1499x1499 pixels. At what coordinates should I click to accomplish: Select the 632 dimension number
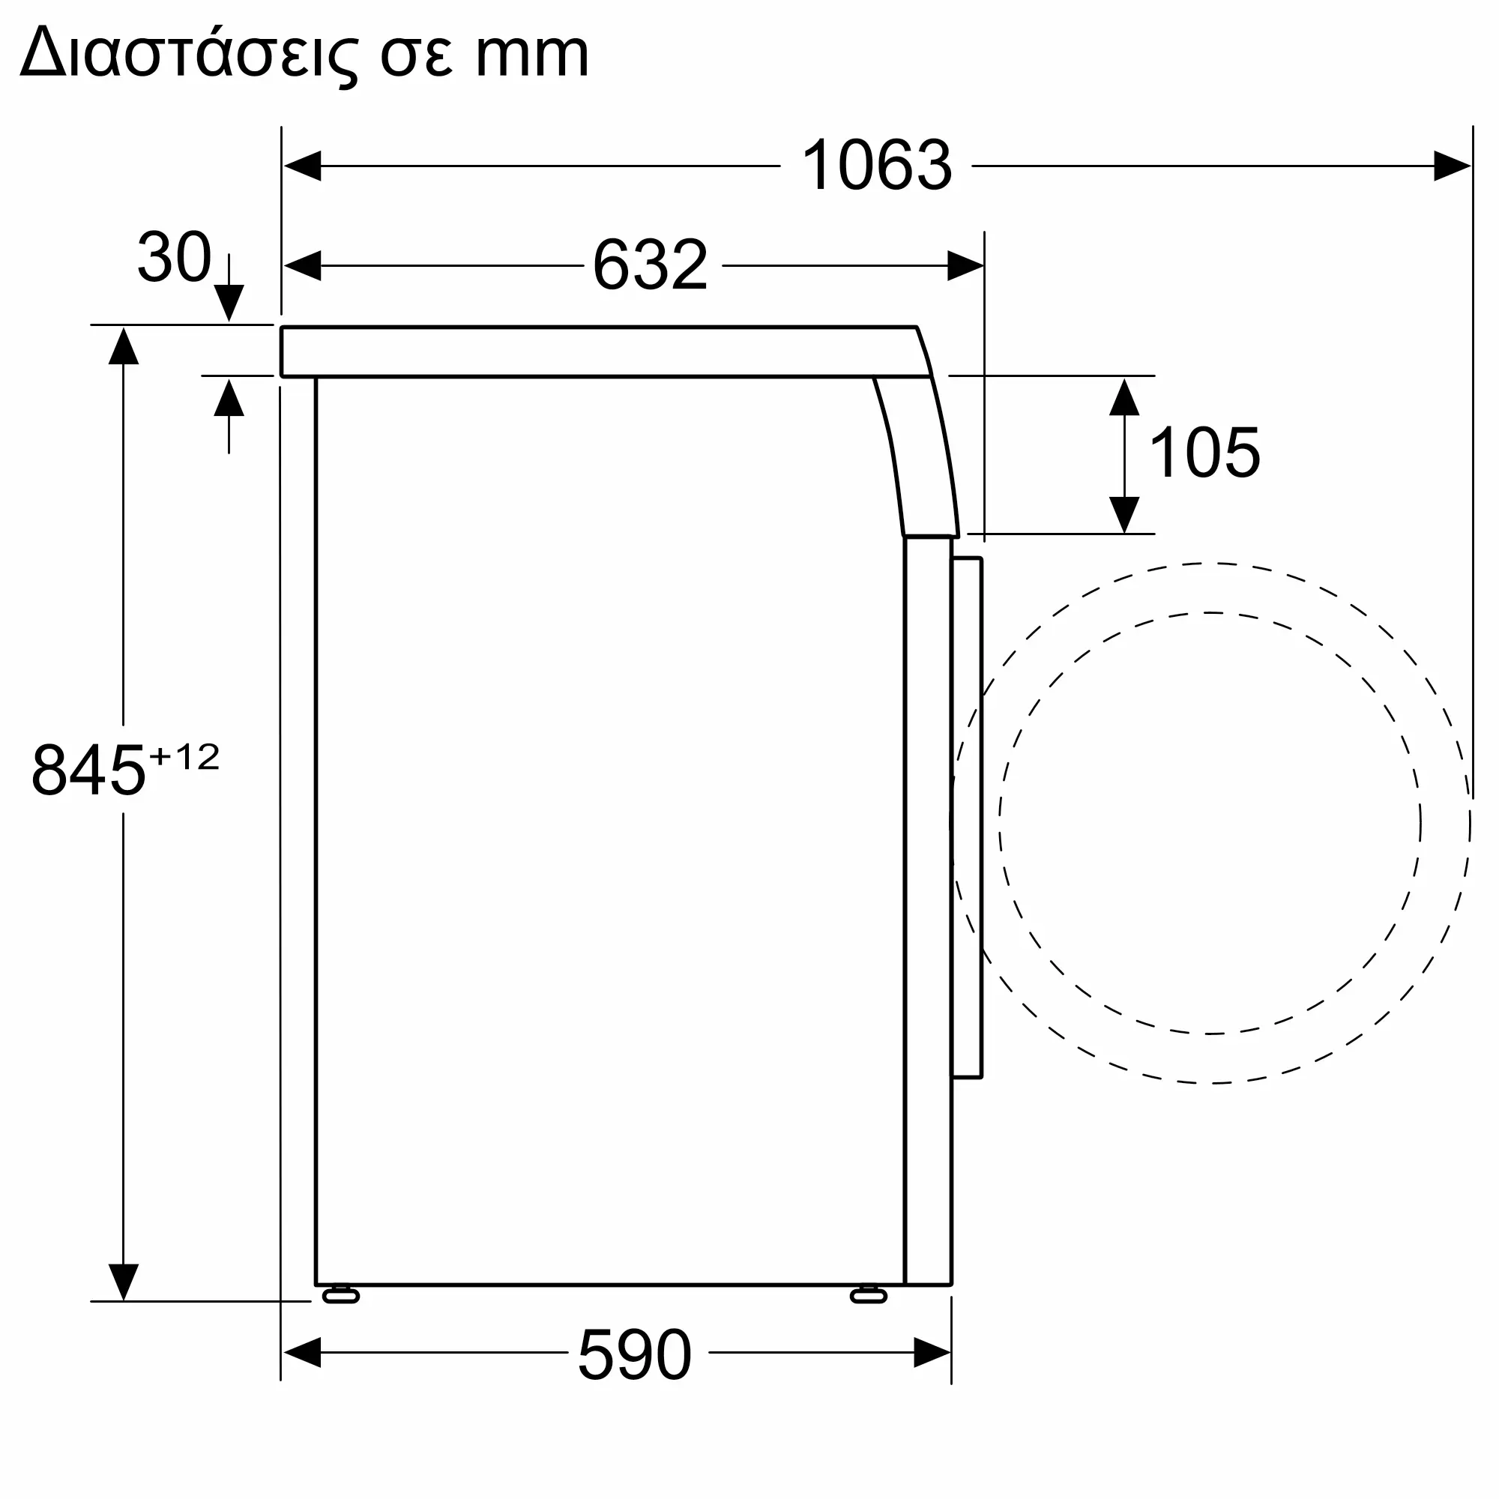tap(650, 265)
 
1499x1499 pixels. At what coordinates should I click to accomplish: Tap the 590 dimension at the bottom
tap(635, 1354)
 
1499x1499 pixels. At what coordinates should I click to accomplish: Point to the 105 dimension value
tap(1204, 453)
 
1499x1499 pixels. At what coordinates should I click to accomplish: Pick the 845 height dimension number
tap(88, 770)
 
